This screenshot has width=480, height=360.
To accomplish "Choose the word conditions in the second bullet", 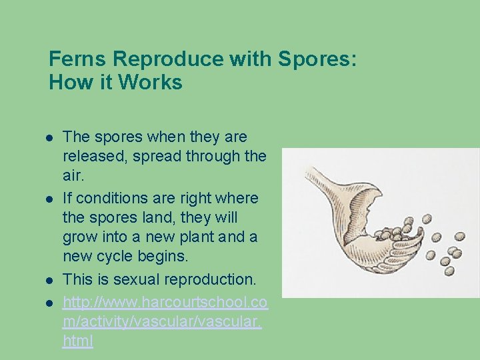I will [114, 198].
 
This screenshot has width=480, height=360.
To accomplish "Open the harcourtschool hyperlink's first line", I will [165, 303].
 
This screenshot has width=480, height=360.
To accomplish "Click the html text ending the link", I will [77, 341].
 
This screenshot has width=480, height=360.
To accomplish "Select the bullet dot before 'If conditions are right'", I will [49, 199].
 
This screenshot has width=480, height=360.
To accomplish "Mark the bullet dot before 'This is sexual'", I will [49, 279].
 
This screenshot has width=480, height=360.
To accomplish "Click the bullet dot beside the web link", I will [49, 303].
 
